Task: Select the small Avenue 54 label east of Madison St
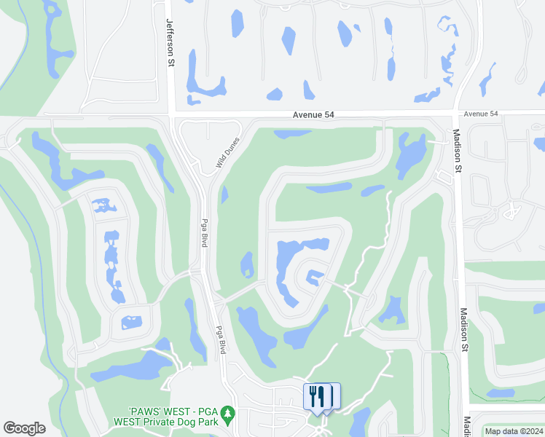pyautogui.click(x=481, y=114)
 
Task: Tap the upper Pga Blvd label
pyautogui.click(x=205, y=231)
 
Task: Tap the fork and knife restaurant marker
pyautogui.click(x=317, y=396)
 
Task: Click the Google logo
pyautogui.click(x=24, y=428)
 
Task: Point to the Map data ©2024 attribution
pyautogui.click(x=513, y=431)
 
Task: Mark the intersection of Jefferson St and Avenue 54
pyautogui.click(x=170, y=114)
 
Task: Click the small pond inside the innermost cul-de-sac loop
pyautogui.click(x=314, y=276)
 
